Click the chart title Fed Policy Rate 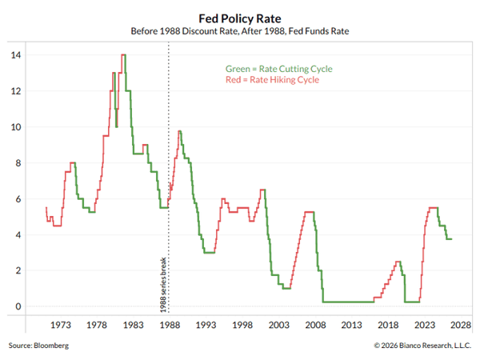pyautogui.click(x=240, y=18)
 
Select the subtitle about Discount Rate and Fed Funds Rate pyautogui.click(x=240, y=31)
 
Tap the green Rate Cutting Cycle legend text pyautogui.click(x=279, y=69)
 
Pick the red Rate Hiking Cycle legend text pyautogui.click(x=272, y=80)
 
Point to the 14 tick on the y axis pyautogui.click(x=16, y=55)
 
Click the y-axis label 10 pyautogui.click(x=16, y=127)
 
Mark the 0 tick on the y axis pyautogui.click(x=18, y=306)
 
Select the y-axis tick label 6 pyautogui.click(x=18, y=199)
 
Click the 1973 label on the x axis pyautogui.click(x=61, y=325)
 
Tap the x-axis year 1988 pyautogui.click(x=170, y=325)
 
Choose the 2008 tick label pyautogui.click(x=315, y=325)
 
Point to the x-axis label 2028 pyautogui.click(x=461, y=325)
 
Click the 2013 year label pyautogui.click(x=352, y=325)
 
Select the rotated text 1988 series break pyautogui.click(x=163, y=285)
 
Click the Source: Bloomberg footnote pyautogui.click(x=38, y=346)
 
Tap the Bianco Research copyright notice pyautogui.click(x=422, y=346)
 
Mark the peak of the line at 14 pyautogui.click(x=124, y=54)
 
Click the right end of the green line pyautogui.click(x=451, y=239)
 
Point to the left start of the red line pyautogui.click(x=46, y=207)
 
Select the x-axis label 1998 pyautogui.click(x=242, y=325)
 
